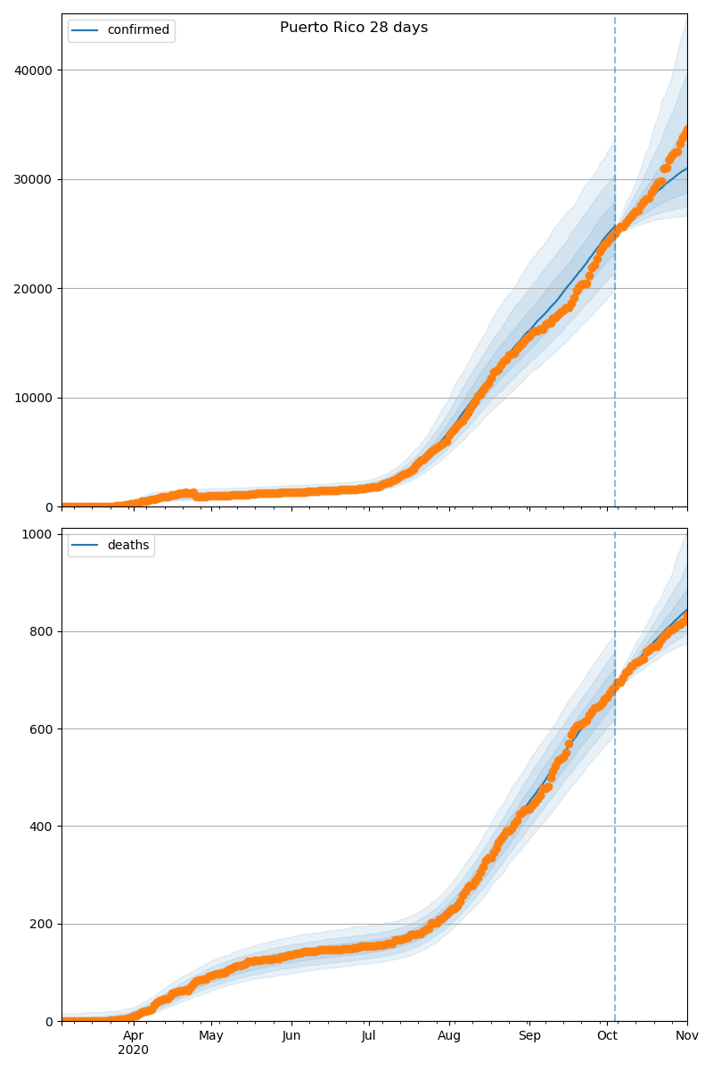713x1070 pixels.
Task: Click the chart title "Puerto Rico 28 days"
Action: (354, 28)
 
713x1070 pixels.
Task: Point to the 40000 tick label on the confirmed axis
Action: (33, 70)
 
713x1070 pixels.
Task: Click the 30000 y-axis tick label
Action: (33, 179)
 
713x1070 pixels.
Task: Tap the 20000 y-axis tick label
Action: (33, 289)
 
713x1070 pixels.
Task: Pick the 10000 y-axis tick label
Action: (33, 398)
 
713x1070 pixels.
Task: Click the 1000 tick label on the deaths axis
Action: (39, 534)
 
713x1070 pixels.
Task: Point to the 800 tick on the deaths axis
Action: (42, 631)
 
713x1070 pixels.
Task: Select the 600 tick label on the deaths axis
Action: (42, 729)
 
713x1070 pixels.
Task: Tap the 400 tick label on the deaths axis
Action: (42, 827)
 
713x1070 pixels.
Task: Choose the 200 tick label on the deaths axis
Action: (42, 924)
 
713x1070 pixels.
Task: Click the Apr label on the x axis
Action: (134, 1035)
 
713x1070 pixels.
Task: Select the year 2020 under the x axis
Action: (134, 1049)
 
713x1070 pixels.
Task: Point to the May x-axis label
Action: (211, 1035)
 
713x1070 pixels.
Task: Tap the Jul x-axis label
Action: (369, 1035)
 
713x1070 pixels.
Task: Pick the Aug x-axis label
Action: (449, 1035)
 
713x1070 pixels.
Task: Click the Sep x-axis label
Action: (529, 1035)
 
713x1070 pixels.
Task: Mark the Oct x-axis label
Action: (607, 1035)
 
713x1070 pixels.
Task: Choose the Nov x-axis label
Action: (686, 1035)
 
